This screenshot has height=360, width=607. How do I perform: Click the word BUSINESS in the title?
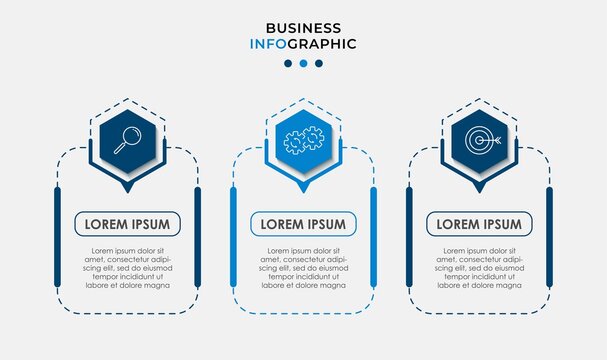[x=303, y=27]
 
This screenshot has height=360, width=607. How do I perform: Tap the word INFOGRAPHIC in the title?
[x=303, y=44]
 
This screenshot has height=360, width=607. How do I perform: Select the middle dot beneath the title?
[x=303, y=63]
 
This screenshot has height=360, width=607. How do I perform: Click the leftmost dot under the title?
[x=288, y=63]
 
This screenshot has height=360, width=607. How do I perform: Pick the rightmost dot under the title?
[x=319, y=63]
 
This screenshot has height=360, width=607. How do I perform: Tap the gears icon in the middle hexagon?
[x=304, y=141]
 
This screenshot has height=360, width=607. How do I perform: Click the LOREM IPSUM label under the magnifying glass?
[x=127, y=224]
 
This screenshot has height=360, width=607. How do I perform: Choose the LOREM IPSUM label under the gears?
[x=303, y=224]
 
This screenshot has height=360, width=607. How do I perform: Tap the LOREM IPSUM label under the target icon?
[x=479, y=224]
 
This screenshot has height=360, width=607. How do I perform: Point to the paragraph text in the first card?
[x=127, y=267]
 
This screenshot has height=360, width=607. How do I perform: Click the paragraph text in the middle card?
[x=303, y=267]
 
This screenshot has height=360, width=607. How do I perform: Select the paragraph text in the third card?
[x=479, y=267]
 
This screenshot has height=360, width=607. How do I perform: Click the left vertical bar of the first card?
[x=57, y=236]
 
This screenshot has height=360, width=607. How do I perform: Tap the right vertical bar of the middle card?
[x=373, y=236]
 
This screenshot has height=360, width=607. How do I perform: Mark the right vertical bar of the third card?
[x=549, y=236]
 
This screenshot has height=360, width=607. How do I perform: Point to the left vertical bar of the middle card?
[x=233, y=236]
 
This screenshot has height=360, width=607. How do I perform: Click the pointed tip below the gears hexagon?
[x=303, y=190]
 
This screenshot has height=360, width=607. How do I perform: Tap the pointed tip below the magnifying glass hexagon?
[x=127, y=190]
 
